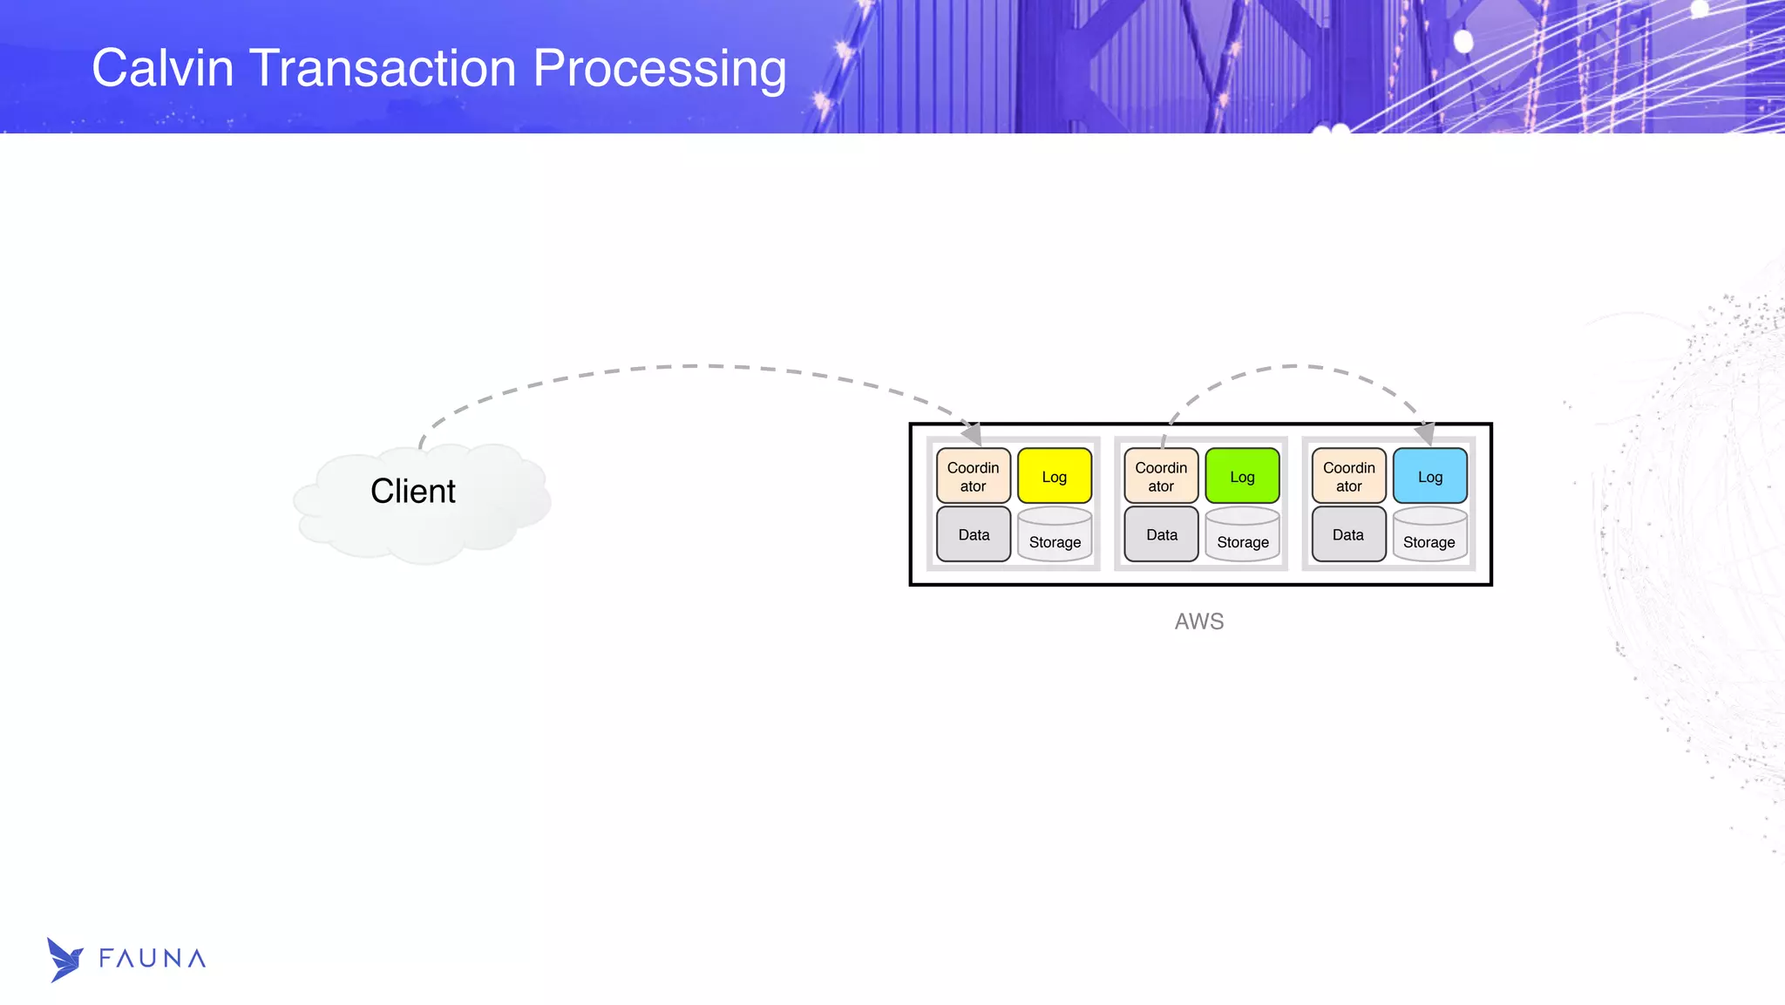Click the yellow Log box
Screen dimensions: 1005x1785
click(x=1054, y=476)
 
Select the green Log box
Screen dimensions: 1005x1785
click(x=1242, y=476)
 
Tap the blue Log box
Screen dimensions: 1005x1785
click(x=1429, y=476)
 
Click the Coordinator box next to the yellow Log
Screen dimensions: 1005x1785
click(x=973, y=476)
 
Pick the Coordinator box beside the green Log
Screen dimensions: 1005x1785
click(x=1161, y=476)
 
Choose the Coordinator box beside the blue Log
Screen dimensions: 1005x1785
click(x=1348, y=476)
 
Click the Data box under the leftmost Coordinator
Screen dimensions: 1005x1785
click(x=974, y=534)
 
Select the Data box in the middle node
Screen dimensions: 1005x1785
click(x=1161, y=534)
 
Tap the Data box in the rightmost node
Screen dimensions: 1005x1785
click(x=1348, y=534)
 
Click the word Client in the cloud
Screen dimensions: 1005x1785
click(x=412, y=492)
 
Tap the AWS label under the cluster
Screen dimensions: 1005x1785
click(x=1199, y=621)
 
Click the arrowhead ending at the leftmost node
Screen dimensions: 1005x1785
click(x=972, y=432)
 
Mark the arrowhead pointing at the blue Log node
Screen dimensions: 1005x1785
click(x=1424, y=432)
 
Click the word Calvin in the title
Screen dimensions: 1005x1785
click(x=163, y=68)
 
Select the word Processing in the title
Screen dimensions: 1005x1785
click(x=659, y=70)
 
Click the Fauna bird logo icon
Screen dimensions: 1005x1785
click(x=64, y=960)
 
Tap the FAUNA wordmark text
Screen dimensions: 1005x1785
click(x=153, y=959)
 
